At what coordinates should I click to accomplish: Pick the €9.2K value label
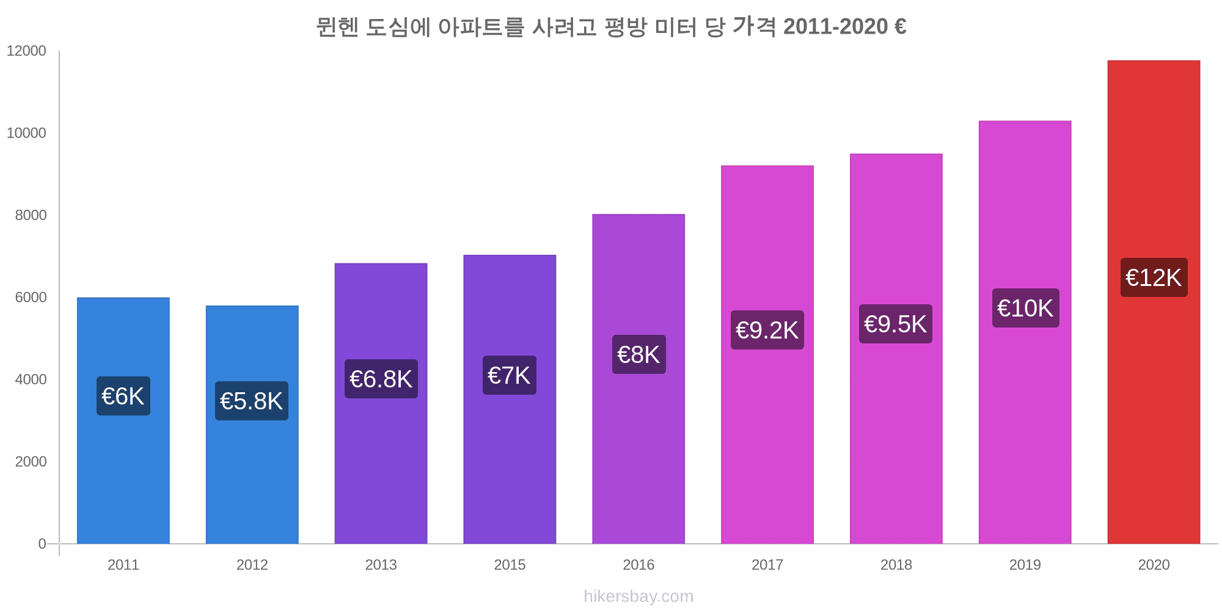(x=767, y=331)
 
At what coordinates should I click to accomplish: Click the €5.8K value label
(x=251, y=401)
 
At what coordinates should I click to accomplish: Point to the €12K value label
(x=1154, y=278)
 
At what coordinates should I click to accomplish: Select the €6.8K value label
(x=381, y=379)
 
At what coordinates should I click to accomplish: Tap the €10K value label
(x=1025, y=309)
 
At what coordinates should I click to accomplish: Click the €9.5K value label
(x=895, y=324)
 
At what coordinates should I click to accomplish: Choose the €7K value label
(x=509, y=376)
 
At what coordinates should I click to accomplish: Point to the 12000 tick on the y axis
(x=26, y=51)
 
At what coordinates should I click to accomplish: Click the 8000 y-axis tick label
(x=31, y=216)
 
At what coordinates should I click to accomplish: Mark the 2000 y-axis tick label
(x=31, y=462)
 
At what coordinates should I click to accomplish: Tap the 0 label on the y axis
(x=42, y=544)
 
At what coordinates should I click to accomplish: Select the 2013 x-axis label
(x=381, y=565)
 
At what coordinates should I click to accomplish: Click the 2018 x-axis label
(x=896, y=565)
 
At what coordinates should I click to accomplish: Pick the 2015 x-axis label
(x=510, y=565)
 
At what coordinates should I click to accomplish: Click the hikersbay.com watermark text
(x=638, y=596)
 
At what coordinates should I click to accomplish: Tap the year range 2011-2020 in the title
(x=835, y=27)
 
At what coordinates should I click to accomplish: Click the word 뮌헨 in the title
(x=337, y=27)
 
